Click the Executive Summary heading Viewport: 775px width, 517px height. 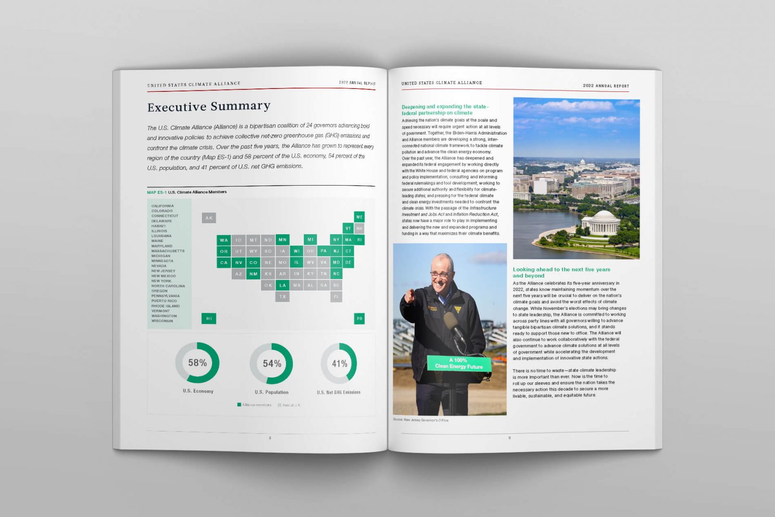point(209,106)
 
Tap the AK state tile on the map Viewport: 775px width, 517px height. point(209,218)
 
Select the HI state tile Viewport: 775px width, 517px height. point(209,318)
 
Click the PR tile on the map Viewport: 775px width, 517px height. point(359,318)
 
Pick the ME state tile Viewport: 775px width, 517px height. point(359,217)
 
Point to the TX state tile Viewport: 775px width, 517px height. point(282,297)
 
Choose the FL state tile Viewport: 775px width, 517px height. point(336,297)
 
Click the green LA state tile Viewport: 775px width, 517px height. point(282,285)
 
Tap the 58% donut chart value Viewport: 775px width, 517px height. point(197,363)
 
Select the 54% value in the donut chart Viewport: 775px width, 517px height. point(272,364)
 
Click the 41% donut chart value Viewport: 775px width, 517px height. point(339,364)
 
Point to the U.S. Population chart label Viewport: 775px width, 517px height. point(272,392)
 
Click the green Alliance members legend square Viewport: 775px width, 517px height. point(239,405)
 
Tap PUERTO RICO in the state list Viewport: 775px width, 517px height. point(164,301)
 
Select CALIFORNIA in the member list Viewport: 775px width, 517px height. point(162,206)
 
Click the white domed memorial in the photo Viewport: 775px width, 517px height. point(600,223)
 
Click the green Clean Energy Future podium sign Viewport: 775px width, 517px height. point(459,363)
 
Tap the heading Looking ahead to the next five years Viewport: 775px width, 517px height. point(561,272)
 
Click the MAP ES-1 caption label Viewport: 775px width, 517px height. point(157,192)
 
